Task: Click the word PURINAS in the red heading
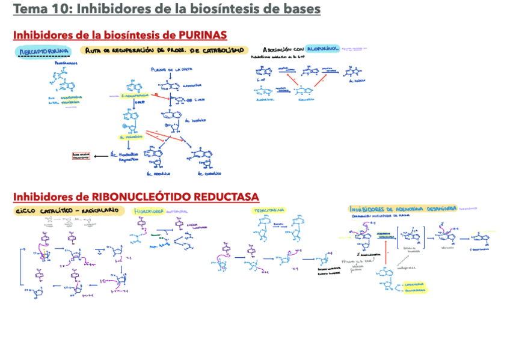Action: point(203,35)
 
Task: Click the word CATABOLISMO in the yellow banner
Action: point(220,50)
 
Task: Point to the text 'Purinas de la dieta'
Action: point(170,69)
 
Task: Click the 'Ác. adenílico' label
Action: point(159,174)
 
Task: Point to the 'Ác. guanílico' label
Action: point(209,174)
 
